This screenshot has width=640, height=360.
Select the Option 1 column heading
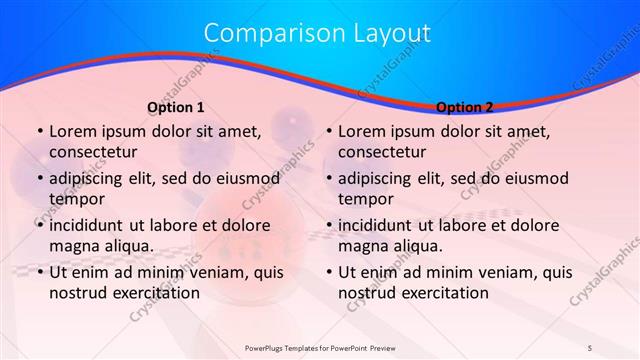[176, 107]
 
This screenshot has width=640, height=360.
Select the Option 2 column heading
[465, 107]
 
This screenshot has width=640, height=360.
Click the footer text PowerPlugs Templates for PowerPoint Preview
[319, 348]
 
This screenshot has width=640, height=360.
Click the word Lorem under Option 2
[361, 131]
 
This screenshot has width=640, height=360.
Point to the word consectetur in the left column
[92, 152]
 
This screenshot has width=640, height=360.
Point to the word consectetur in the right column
[381, 152]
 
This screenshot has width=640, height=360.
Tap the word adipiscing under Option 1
[89, 179]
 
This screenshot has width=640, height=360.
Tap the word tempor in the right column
[365, 198]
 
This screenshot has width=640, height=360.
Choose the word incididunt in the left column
[91, 225]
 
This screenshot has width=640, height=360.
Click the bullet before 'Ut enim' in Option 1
[40, 272]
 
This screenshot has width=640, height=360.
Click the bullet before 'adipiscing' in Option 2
[329, 179]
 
